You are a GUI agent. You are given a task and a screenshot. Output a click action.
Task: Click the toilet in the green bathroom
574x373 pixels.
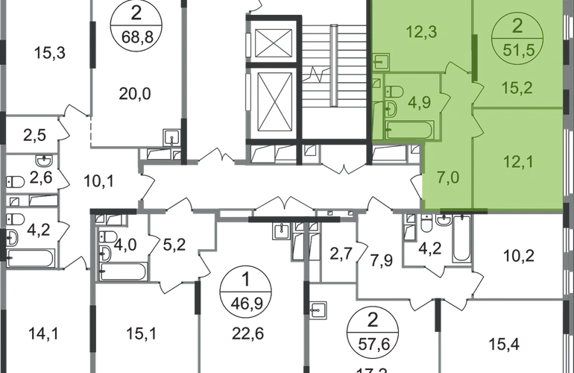click(x=394, y=92)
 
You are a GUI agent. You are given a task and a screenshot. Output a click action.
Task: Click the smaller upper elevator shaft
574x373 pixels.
click(x=276, y=41)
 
